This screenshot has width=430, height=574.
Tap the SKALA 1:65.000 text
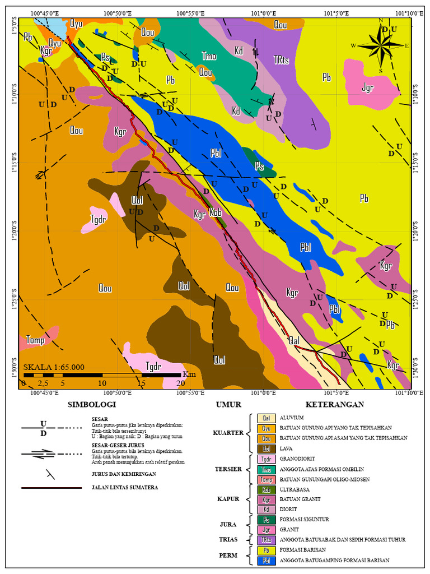tap(54, 367)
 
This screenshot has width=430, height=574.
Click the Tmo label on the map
tap(209, 56)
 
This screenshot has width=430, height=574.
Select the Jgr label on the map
tap(367, 87)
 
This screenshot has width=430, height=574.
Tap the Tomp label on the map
tap(35, 340)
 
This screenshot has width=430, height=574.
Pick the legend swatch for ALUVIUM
tap(265, 418)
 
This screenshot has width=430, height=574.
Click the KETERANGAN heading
tap(334, 404)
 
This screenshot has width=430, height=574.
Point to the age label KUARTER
tap(228, 433)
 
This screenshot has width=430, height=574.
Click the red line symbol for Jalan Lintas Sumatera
tap(52, 488)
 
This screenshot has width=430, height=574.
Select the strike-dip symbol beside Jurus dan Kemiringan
tap(51, 474)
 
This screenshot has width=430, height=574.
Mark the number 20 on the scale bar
tap(181, 383)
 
